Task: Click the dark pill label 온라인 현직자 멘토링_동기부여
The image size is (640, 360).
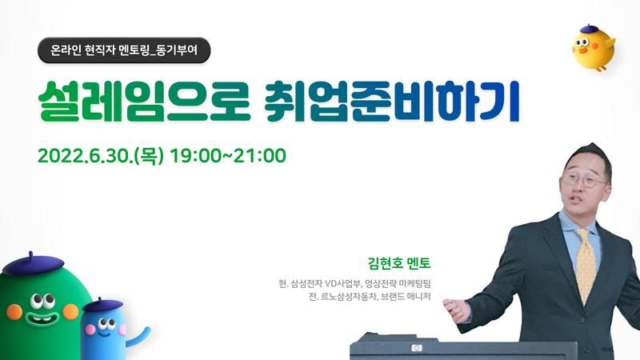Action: (x=124, y=50)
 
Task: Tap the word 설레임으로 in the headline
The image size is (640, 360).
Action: (x=144, y=102)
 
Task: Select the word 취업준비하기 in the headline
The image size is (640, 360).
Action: (x=392, y=102)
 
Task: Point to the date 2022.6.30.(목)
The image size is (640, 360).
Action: (x=101, y=156)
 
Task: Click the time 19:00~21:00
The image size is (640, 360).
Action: (x=228, y=156)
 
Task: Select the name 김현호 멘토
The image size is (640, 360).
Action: (x=399, y=263)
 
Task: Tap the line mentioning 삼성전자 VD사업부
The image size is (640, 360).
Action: (x=354, y=283)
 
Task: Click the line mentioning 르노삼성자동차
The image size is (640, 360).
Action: (x=370, y=297)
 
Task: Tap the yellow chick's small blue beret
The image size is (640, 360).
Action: (x=589, y=29)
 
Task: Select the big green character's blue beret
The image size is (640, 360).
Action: (x=33, y=264)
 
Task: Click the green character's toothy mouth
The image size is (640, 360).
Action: (x=42, y=317)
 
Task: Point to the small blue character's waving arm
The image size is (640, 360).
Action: (x=138, y=336)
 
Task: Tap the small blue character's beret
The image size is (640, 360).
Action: (x=102, y=305)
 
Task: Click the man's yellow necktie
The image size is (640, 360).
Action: (x=586, y=266)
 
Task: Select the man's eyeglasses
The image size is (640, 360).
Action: (x=585, y=179)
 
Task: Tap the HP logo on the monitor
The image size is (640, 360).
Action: (x=417, y=348)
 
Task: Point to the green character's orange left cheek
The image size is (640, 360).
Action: (x=14, y=312)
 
